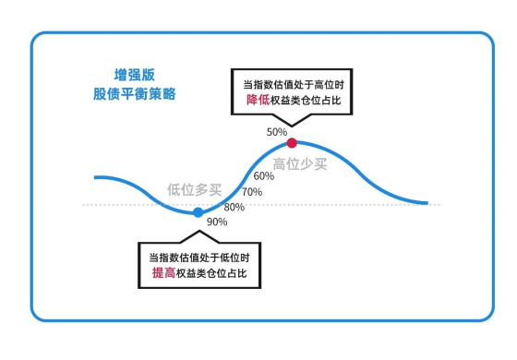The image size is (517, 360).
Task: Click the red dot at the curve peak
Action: [x=292, y=143]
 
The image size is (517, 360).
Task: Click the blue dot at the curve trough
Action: [x=198, y=212]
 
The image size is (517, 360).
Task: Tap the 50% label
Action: [x=277, y=132]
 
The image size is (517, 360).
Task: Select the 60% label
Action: [x=263, y=175]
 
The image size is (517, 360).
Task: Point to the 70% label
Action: [x=251, y=191]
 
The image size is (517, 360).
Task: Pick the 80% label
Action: [x=234, y=207]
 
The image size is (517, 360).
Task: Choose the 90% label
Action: [x=217, y=222]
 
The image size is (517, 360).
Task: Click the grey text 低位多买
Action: [x=194, y=190]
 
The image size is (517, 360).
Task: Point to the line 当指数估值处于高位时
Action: [x=291, y=83]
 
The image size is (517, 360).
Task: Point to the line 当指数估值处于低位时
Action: [x=199, y=257]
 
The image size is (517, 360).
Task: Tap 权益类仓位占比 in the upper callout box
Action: [x=306, y=101]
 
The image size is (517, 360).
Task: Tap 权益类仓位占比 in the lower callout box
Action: [x=214, y=274]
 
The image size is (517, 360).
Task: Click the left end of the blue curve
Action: [x=95, y=176]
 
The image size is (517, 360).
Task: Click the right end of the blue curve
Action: [x=427, y=203]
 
